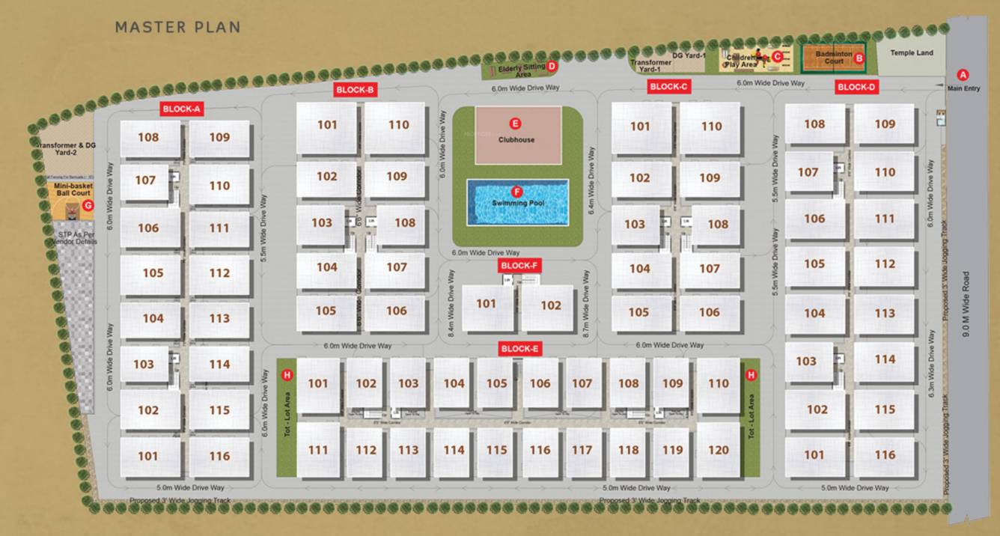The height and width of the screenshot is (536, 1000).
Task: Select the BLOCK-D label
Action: click(x=856, y=88)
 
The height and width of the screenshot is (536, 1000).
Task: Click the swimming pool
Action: click(x=517, y=201)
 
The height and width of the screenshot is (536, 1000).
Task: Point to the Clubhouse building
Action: click(x=517, y=135)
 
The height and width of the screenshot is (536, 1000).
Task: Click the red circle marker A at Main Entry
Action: click(x=963, y=75)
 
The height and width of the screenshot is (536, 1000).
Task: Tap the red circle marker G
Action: click(x=88, y=205)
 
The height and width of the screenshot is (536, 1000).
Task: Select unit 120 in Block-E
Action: click(x=719, y=450)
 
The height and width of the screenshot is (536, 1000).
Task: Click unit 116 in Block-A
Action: click(x=219, y=456)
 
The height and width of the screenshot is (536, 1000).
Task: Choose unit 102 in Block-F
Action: click(x=551, y=305)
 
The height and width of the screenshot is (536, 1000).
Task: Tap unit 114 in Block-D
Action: click(x=885, y=359)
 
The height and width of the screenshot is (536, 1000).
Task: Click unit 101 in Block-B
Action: click(x=327, y=125)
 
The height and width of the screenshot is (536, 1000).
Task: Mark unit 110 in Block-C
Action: click(x=711, y=127)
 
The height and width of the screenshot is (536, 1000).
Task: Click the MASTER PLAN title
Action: click(x=177, y=28)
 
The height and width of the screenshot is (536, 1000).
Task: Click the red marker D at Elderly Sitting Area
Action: click(x=552, y=66)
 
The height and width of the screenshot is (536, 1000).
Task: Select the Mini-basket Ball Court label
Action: click(x=72, y=190)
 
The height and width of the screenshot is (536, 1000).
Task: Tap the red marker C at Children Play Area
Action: click(x=777, y=56)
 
